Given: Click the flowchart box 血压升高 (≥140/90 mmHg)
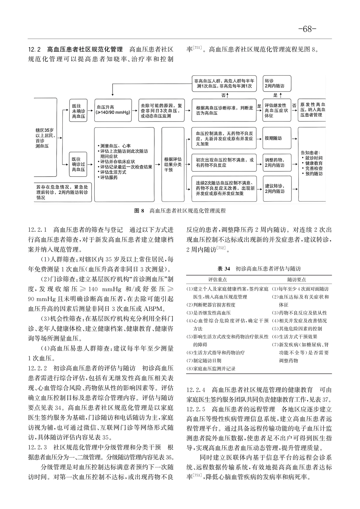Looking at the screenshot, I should (x=113, y=110).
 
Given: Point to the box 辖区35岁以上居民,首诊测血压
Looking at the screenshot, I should (x=45, y=137).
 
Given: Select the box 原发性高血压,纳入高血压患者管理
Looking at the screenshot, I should (x=313, y=110).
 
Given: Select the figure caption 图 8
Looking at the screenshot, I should (x=180, y=211).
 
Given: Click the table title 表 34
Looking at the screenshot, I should (x=259, y=269).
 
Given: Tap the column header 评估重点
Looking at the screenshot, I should (x=218, y=280).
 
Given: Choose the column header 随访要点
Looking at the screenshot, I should (x=297, y=280).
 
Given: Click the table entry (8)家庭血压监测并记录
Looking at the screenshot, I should (x=211, y=368).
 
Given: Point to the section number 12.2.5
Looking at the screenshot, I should (x=197, y=399).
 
